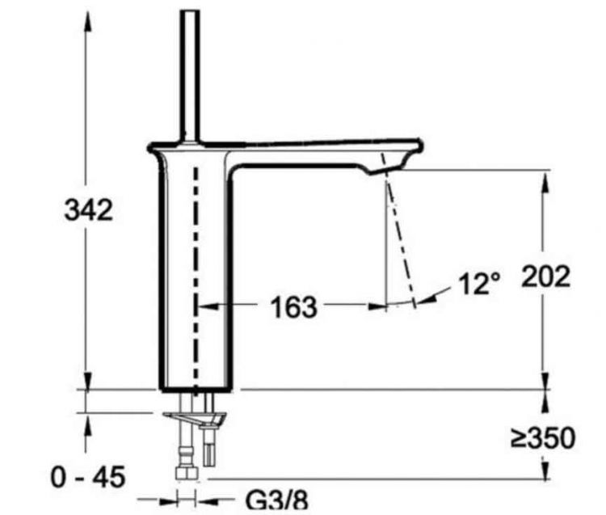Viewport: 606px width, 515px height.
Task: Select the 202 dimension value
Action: click(x=546, y=276)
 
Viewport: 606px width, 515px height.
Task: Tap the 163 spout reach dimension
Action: click(x=293, y=307)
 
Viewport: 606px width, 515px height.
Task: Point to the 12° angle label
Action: click(x=480, y=285)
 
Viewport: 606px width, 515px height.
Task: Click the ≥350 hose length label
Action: click(x=543, y=438)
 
